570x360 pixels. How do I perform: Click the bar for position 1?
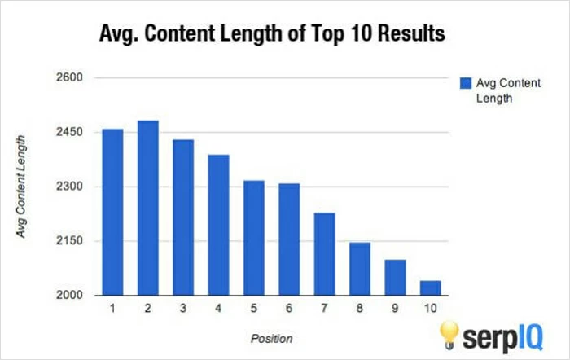tap(112, 212)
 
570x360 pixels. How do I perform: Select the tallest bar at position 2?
tap(147, 208)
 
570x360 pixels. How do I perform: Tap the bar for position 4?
tap(218, 225)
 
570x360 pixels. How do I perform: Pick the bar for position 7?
tap(324, 253)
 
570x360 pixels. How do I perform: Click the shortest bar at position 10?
tap(430, 288)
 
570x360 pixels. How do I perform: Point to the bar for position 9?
tap(395, 277)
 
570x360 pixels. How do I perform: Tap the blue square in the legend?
tap(465, 83)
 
